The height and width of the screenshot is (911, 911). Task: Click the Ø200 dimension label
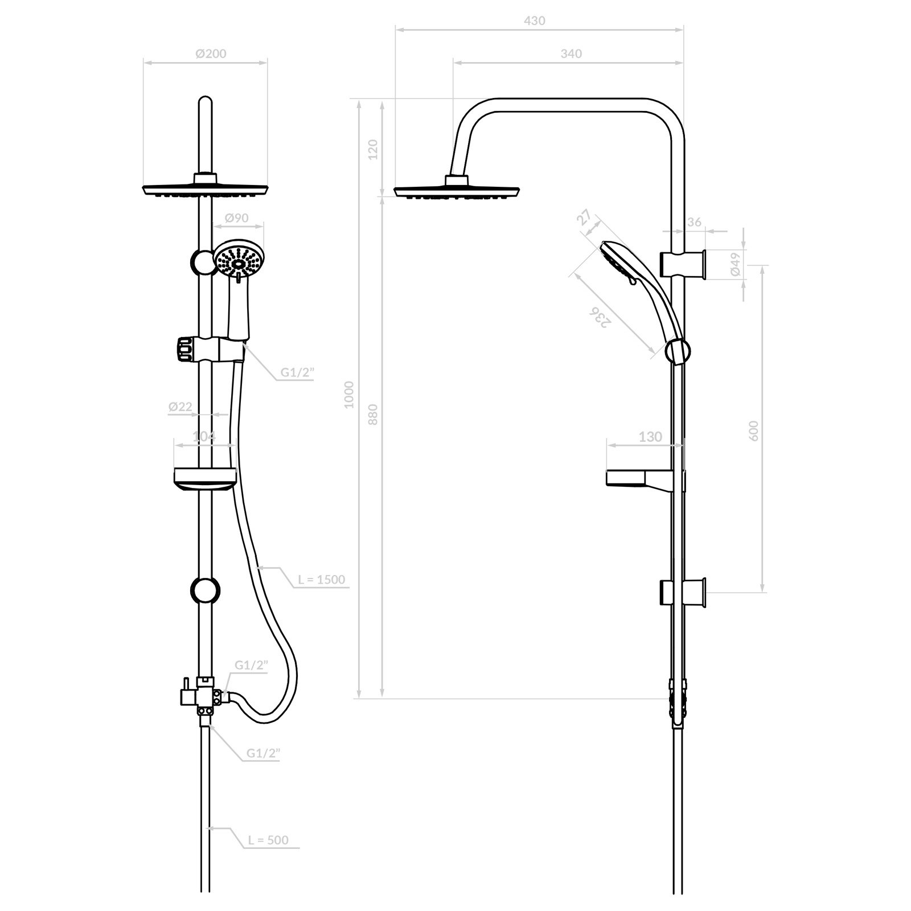point(211,54)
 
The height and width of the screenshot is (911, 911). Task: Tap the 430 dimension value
point(534,20)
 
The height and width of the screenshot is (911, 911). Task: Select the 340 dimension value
point(571,54)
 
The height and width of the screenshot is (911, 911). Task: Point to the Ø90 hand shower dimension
point(236,218)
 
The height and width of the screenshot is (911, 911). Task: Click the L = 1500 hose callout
point(321,580)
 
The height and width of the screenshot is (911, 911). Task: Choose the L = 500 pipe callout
point(268,840)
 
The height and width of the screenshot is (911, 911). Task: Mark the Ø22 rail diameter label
point(180,407)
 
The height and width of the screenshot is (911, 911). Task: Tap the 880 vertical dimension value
point(373,415)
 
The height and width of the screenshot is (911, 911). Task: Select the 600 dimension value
point(754,430)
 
